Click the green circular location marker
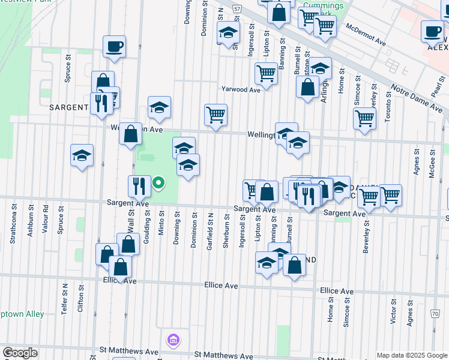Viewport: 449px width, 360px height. click(158, 182)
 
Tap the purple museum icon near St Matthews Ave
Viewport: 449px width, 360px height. click(173, 341)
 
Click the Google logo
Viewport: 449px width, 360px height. click(20, 353)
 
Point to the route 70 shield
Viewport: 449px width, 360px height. click(435, 313)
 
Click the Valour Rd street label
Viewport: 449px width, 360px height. click(46, 218)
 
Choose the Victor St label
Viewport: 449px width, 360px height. click(394, 313)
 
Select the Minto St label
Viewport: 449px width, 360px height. click(161, 223)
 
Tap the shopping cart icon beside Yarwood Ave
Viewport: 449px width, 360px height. click(266, 74)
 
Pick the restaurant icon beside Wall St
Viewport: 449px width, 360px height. click(139, 186)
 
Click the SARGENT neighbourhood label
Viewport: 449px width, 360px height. click(69, 107)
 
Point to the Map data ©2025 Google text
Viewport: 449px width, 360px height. click(412, 355)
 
